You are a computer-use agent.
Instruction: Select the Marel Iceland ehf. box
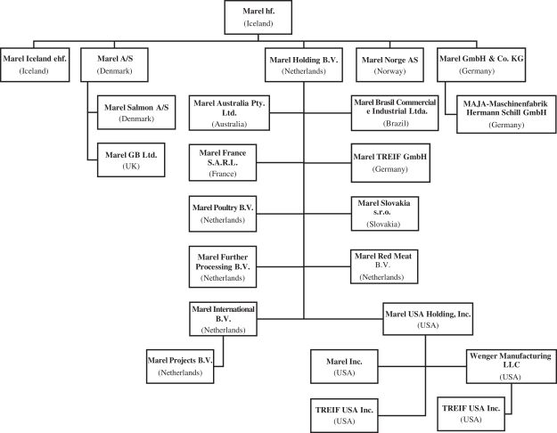click(35, 64)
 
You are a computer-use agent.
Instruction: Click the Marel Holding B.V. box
click(304, 64)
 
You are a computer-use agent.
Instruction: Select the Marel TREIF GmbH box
click(390, 161)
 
